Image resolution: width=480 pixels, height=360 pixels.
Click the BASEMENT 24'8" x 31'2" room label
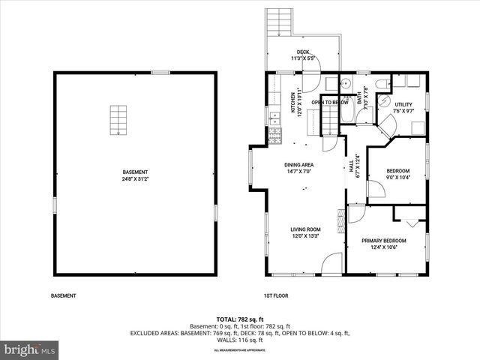pos(135,175)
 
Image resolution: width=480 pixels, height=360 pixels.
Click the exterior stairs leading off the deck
pos(278,22)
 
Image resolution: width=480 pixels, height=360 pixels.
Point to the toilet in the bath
pos(380,84)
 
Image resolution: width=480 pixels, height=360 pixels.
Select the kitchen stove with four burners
pos(274,136)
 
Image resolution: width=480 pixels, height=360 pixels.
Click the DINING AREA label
pos(298,168)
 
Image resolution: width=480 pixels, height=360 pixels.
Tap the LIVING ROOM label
pos(305,232)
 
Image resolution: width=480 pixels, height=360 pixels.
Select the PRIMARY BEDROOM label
pos(383,244)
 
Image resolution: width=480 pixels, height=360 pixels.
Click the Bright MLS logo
pos(29,349)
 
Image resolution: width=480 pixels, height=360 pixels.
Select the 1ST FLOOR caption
pos(276,295)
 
